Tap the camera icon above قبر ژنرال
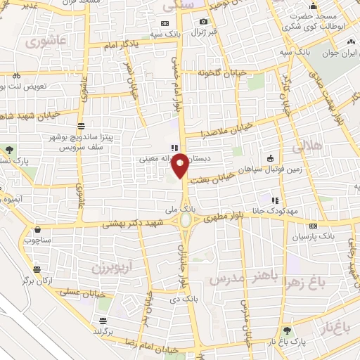tap(203, 22)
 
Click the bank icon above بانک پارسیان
tap(313, 226)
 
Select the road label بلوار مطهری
tap(223, 219)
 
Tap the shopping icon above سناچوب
tap(37, 229)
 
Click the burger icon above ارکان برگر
tap(37, 269)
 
